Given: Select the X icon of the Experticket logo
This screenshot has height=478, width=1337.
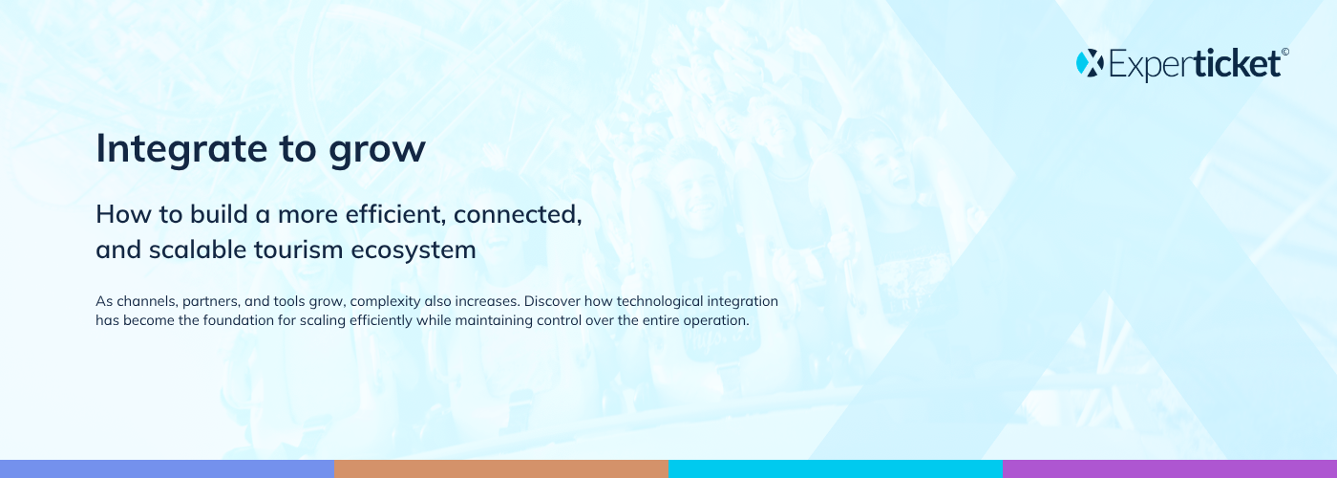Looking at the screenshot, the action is coord(1090,63).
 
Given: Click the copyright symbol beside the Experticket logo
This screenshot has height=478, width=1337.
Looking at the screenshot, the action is coord(1285,53).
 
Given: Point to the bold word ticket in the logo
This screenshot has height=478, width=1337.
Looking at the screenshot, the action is coord(1238,63).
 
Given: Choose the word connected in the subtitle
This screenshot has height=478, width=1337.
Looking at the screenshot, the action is coord(518,214).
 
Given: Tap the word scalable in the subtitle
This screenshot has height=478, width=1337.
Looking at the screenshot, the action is coord(197,250).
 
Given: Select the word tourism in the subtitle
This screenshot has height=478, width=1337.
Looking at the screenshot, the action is coord(298,250).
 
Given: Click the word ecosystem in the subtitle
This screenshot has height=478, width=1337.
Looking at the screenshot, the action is coord(414,250).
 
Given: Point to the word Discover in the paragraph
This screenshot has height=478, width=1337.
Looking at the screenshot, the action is coord(552,301).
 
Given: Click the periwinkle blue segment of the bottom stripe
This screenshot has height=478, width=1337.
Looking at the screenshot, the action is coord(167,469).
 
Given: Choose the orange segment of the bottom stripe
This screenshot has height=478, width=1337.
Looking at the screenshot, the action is coord(501,469).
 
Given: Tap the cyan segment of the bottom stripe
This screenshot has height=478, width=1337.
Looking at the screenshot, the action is coord(836,469).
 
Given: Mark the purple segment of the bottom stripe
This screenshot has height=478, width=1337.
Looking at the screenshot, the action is coord(1170,469).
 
